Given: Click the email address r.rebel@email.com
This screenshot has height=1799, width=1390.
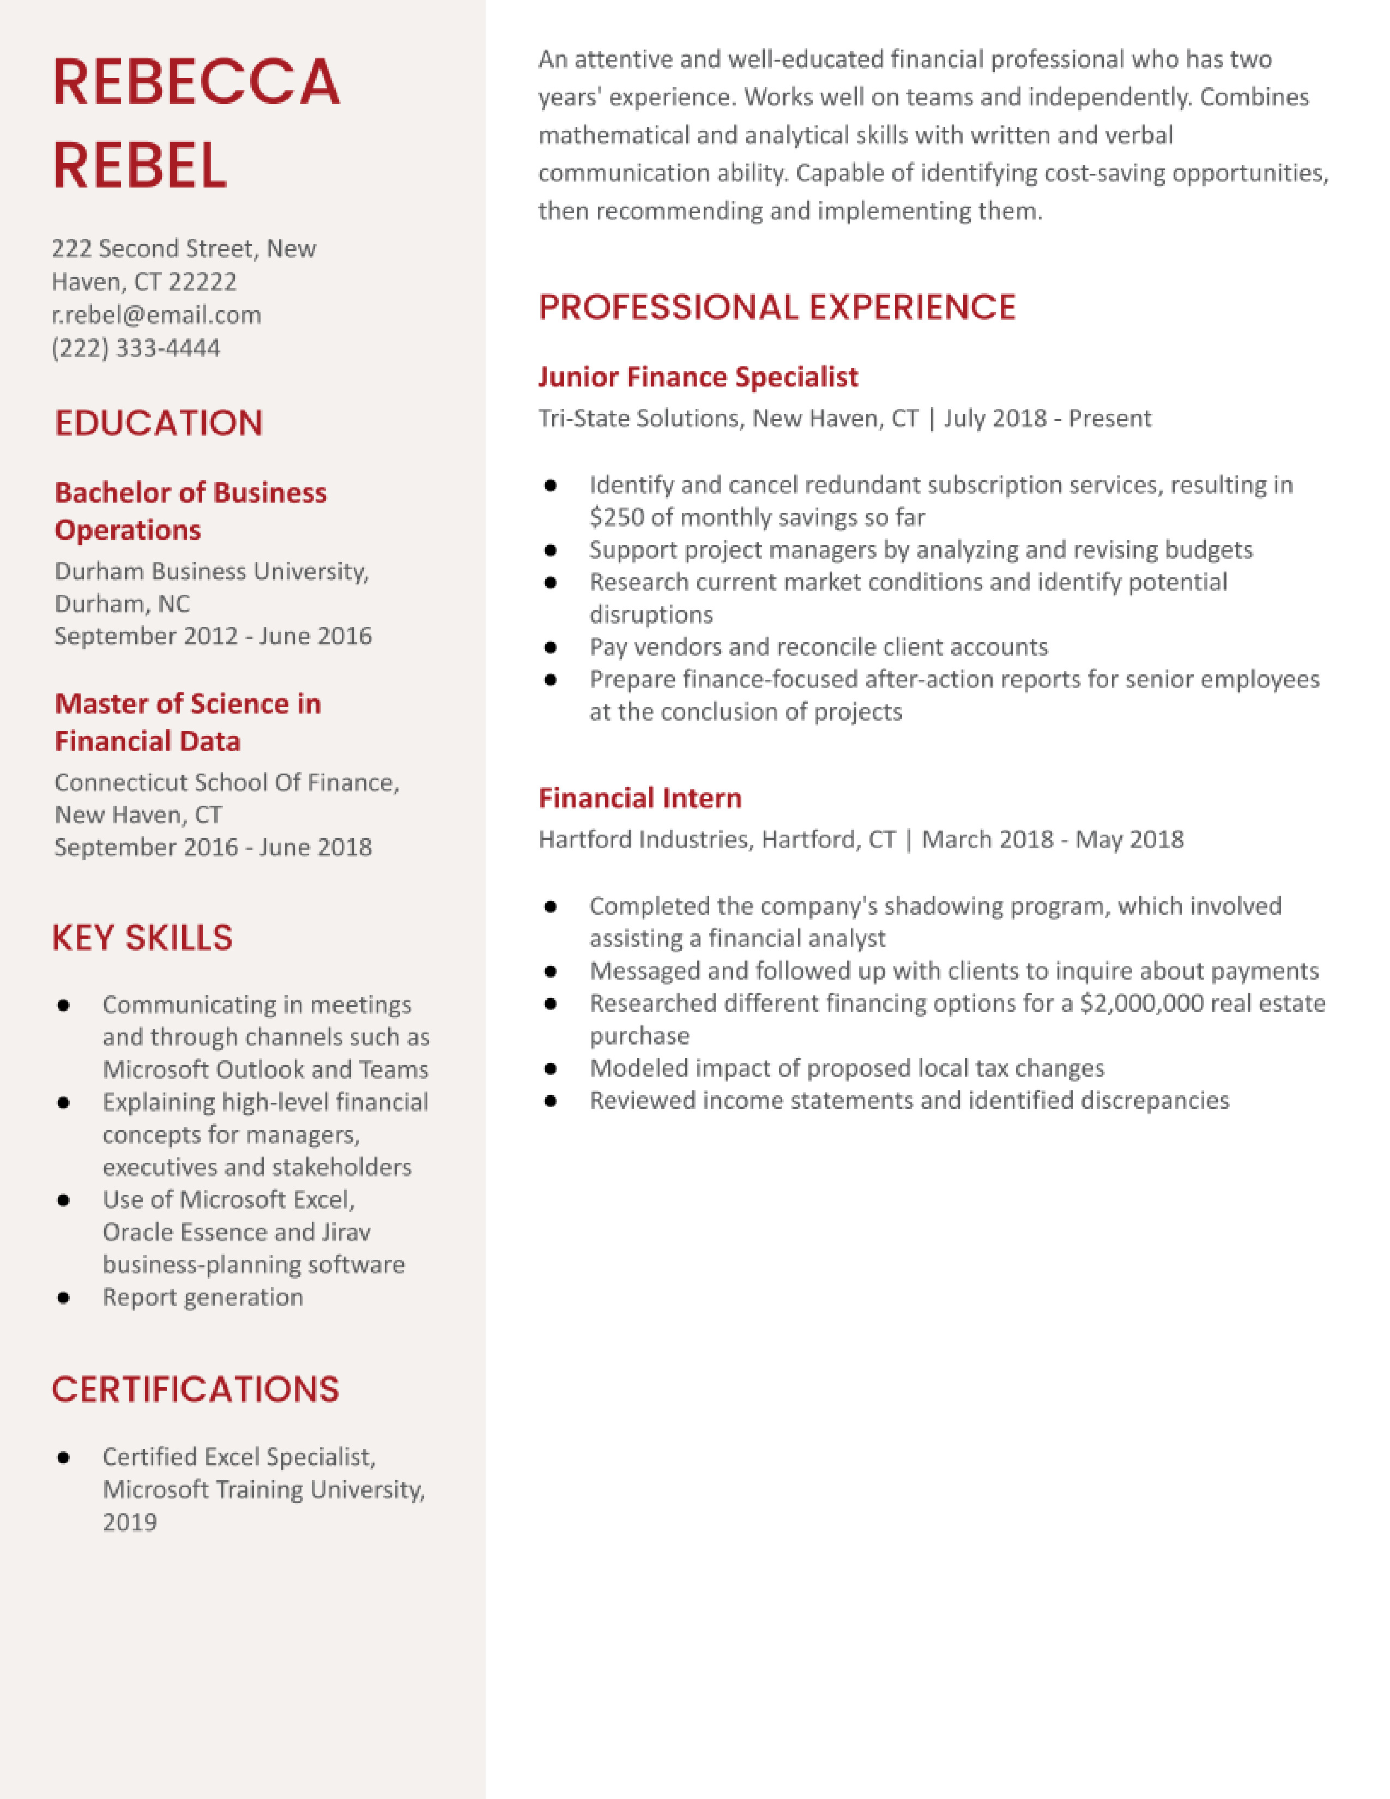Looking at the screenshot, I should [x=156, y=315].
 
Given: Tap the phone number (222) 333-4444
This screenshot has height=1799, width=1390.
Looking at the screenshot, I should [x=136, y=348].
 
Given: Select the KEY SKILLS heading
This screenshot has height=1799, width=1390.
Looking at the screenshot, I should [x=142, y=938].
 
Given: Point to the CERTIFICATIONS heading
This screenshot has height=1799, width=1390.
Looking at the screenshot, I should [x=195, y=1389].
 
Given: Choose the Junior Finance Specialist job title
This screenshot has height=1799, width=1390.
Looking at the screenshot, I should [x=698, y=377].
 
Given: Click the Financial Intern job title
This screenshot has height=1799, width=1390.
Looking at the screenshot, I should [x=640, y=798].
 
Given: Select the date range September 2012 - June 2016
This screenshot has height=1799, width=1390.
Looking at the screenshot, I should [x=213, y=636].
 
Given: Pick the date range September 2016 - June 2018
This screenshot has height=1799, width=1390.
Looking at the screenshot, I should [x=213, y=847].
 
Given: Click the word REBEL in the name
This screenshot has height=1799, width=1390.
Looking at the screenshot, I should [x=140, y=165].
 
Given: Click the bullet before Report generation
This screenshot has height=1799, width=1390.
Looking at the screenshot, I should [x=63, y=1297].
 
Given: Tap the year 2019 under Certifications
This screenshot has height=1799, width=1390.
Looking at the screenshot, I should [x=129, y=1522].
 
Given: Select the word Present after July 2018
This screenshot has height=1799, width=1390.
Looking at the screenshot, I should [x=1109, y=419].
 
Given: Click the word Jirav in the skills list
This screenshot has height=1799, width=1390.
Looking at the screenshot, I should [x=345, y=1231].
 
